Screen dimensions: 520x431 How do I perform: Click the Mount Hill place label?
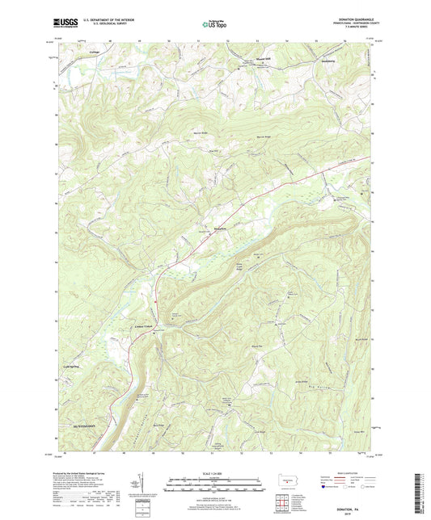pyautogui.click(x=246, y=59)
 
